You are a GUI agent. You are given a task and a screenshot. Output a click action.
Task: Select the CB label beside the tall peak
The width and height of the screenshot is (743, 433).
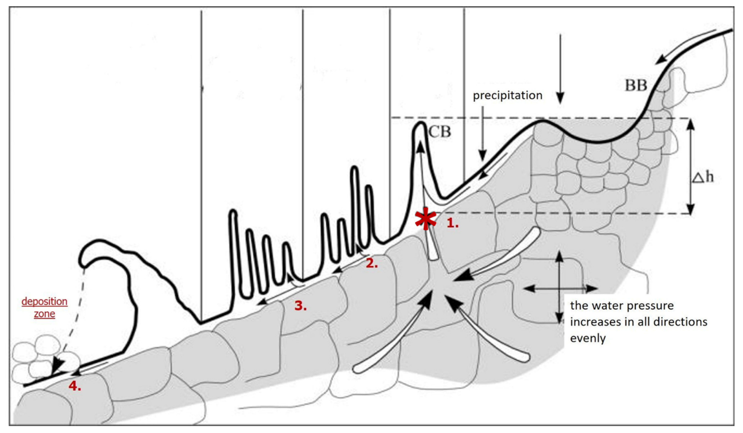click(439, 132)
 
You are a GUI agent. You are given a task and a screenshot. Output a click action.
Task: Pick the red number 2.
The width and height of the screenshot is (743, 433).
click(371, 263)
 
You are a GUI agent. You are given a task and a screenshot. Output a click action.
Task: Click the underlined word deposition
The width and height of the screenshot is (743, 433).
click(45, 301)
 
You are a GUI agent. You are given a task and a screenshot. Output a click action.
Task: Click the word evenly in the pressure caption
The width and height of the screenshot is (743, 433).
click(588, 338)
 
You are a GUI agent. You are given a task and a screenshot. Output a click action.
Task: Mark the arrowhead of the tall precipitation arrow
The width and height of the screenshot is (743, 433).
click(560, 98)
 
